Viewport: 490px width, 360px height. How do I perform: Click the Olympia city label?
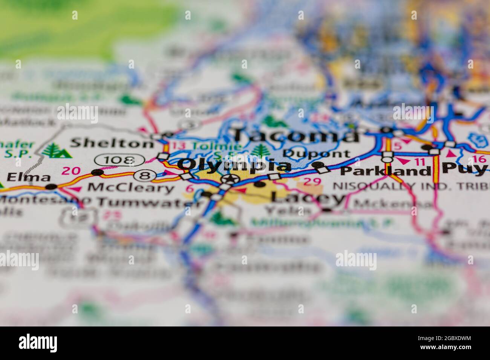(x=234, y=165)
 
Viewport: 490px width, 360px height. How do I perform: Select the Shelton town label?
(x=112, y=143)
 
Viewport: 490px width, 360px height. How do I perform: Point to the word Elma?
(x=29, y=177)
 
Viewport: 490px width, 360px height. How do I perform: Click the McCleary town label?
(x=131, y=188)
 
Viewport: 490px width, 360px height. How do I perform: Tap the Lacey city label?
(x=307, y=197)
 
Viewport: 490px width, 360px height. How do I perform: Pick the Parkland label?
(x=385, y=171)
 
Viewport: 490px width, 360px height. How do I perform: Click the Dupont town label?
(x=316, y=154)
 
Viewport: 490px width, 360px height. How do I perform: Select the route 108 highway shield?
(x=119, y=160)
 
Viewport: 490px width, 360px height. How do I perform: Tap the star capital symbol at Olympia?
(x=230, y=179)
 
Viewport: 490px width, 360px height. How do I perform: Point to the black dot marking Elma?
(x=51, y=186)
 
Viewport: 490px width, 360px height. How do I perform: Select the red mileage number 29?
(x=312, y=182)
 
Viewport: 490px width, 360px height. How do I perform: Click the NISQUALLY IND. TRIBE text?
(x=411, y=186)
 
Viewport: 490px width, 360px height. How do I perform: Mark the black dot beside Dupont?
(x=319, y=165)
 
